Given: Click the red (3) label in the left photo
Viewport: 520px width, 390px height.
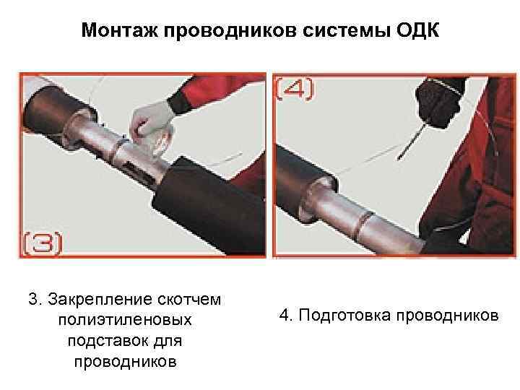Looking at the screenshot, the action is tap(43, 243).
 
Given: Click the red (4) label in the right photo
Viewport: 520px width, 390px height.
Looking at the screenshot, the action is tap(295, 88).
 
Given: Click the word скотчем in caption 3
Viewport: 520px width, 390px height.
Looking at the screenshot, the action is tap(189, 300).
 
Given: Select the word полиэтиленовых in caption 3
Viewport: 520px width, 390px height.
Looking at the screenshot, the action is tap(125, 320).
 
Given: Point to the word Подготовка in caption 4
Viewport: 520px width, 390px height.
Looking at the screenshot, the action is tap(345, 315).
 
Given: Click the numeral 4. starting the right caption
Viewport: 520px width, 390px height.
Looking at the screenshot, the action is tap(286, 314).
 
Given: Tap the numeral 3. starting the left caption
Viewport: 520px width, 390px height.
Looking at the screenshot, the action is tap(35, 299).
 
